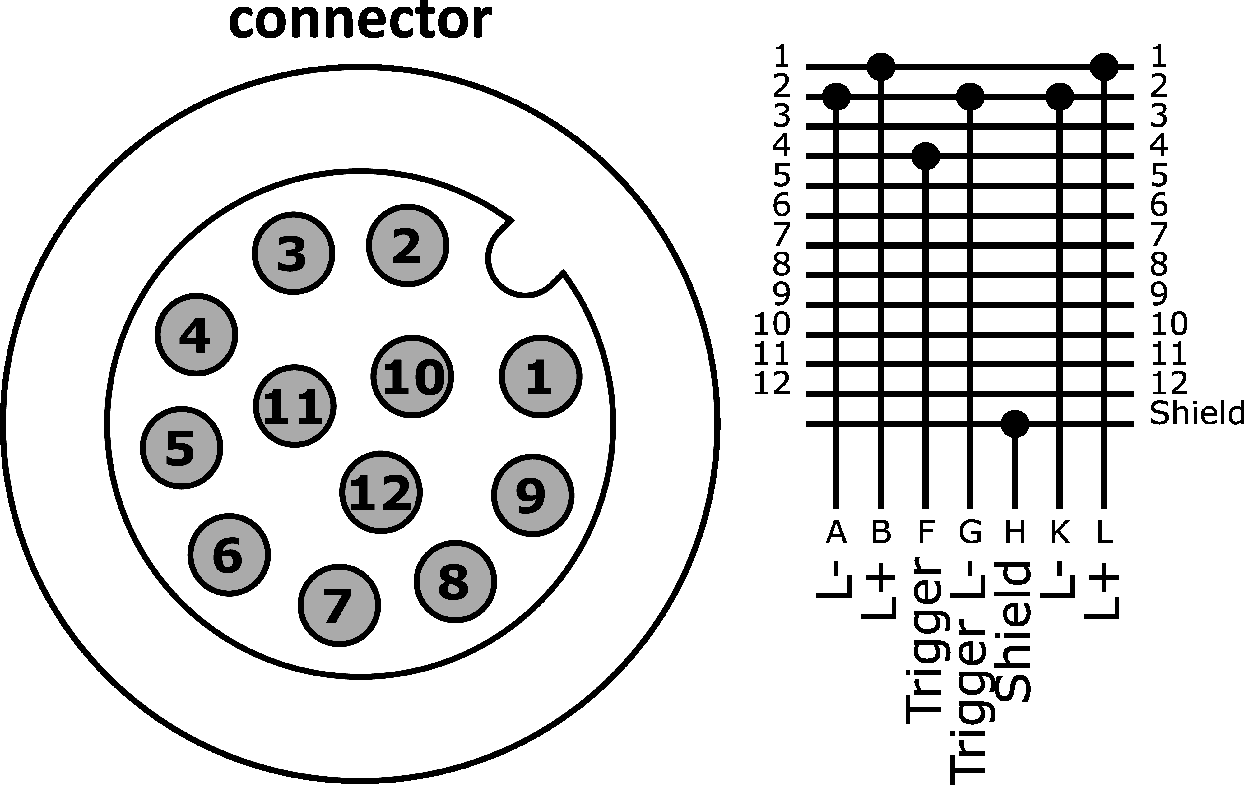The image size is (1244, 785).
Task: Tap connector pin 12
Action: tap(381, 492)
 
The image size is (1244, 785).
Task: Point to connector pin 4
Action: tap(196, 335)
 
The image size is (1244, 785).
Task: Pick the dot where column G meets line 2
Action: tap(970, 96)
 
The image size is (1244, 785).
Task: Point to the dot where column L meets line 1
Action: tap(1104, 67)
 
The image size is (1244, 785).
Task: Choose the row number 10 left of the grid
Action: tap(772, 324)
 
